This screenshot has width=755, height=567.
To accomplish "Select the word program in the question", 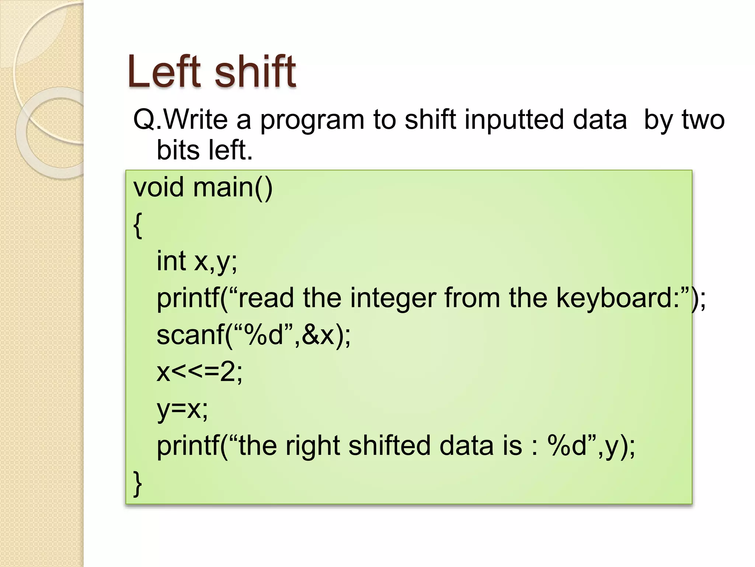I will (312, 120).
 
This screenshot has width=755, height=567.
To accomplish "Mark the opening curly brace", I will (138, 226).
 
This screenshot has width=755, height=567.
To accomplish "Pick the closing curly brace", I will (138, 483).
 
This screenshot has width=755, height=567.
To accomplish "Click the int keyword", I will (171, 261).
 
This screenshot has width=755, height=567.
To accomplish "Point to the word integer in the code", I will (393, 298).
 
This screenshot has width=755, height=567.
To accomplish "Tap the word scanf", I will (190, 335).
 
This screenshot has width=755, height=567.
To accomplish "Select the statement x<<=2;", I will (199, 372).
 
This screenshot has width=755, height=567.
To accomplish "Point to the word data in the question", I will (596, 120).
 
